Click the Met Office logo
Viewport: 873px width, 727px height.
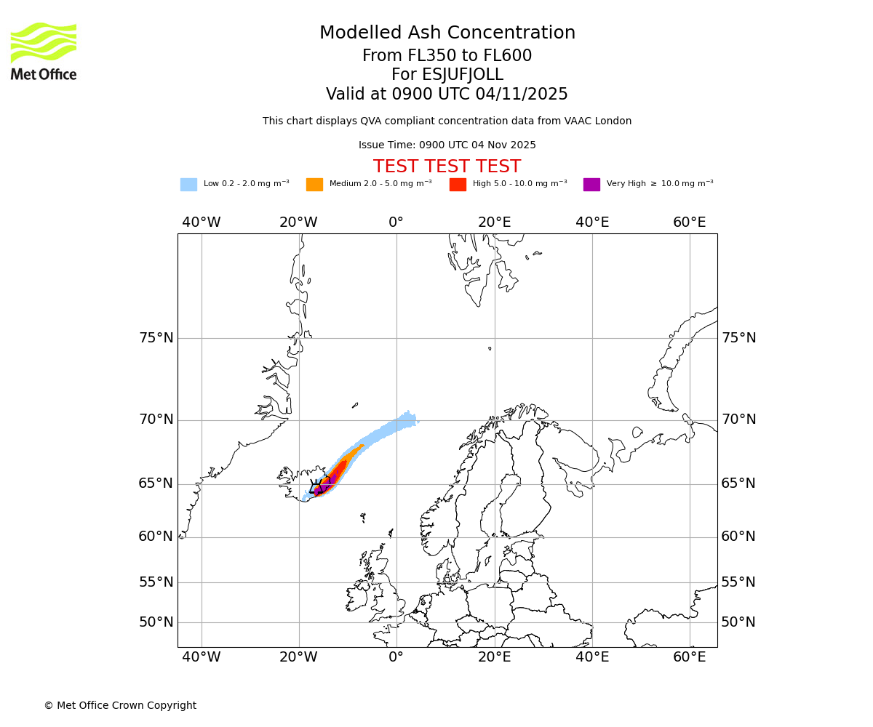point(44,51)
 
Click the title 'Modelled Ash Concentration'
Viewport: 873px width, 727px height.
point(447,33)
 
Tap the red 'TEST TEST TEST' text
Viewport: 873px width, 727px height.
point(447,166)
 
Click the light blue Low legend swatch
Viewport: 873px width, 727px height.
point(188,184)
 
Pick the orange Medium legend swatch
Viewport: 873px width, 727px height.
point(314,184)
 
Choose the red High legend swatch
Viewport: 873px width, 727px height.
point(458,184)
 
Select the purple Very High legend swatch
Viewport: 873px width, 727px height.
point(591,184)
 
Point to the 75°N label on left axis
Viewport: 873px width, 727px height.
point(156,338)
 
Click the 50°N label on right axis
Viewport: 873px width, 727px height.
point(738,622)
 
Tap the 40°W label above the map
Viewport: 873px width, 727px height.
point(202,222)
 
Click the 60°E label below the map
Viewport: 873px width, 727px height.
point(689,657)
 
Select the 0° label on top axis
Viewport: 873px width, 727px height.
point(396,222)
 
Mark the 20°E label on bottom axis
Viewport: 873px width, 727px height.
point(495,657)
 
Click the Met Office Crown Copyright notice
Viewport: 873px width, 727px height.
point(120,705)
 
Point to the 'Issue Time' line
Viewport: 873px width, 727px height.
point(447,145)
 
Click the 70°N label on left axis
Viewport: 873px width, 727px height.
point(156,419)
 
